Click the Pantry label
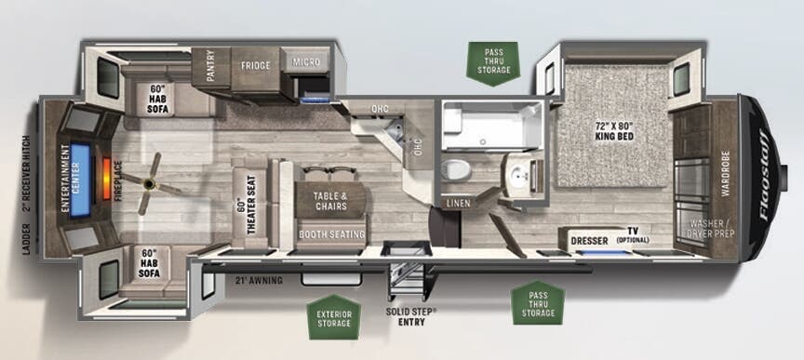(x=211, y=66)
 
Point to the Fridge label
(x=255, y=65)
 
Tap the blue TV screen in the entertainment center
(x=81, y=180)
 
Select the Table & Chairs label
(x=330, y=201)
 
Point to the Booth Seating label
(x=332, y=233)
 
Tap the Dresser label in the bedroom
(x=589, y=241)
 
